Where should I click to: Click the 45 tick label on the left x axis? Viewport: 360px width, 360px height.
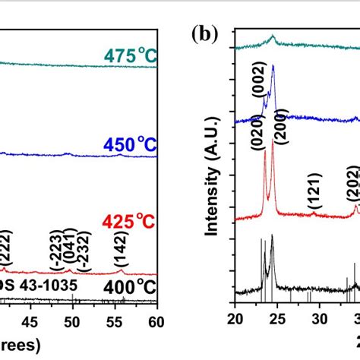(30, 321)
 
